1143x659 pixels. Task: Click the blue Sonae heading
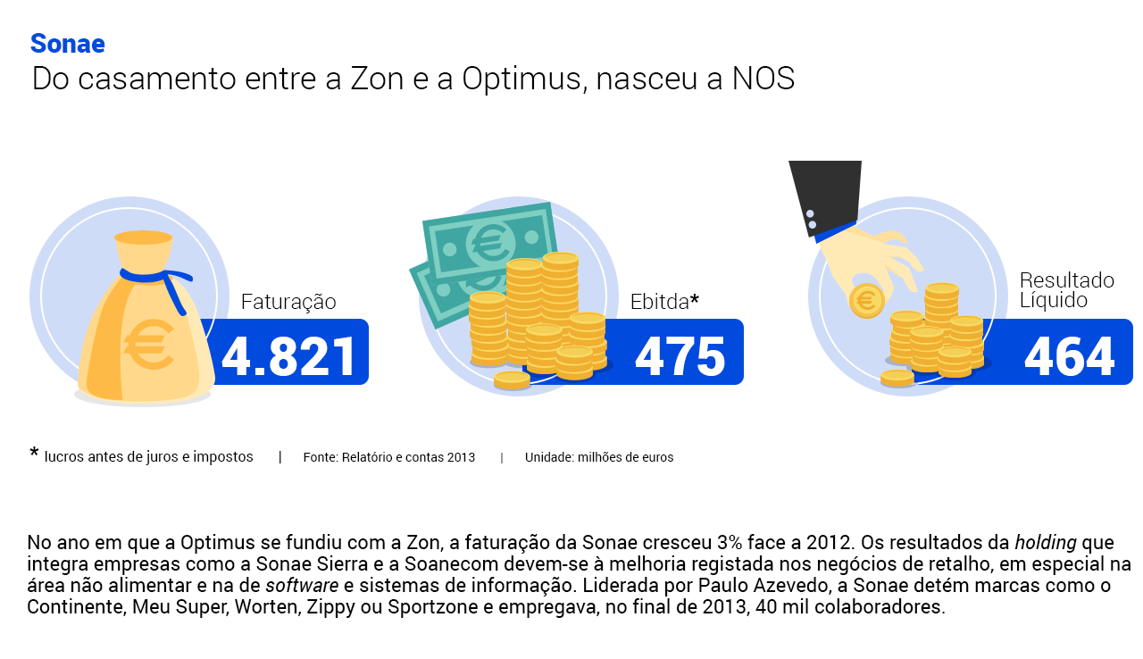point(67,44)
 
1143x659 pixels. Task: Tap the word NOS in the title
point(763,79)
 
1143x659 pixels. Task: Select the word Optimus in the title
point(521,79)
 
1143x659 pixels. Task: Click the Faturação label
point(288,302)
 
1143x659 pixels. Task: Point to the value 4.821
point(288,356)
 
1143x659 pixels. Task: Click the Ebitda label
point(664,302)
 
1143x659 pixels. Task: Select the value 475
point(680,356)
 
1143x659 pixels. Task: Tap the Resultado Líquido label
point(1066,289)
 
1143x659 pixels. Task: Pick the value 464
point(1070,356)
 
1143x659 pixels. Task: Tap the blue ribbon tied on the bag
point(158,286)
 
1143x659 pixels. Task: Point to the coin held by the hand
point(866,301)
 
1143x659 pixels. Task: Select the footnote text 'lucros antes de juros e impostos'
point(148,457)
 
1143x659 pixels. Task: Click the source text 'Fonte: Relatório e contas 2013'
point(388,457)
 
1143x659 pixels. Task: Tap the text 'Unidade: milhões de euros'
point(599,457)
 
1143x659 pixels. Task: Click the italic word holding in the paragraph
point(1046,543)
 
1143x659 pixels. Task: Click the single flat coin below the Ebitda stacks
point(512,380)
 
